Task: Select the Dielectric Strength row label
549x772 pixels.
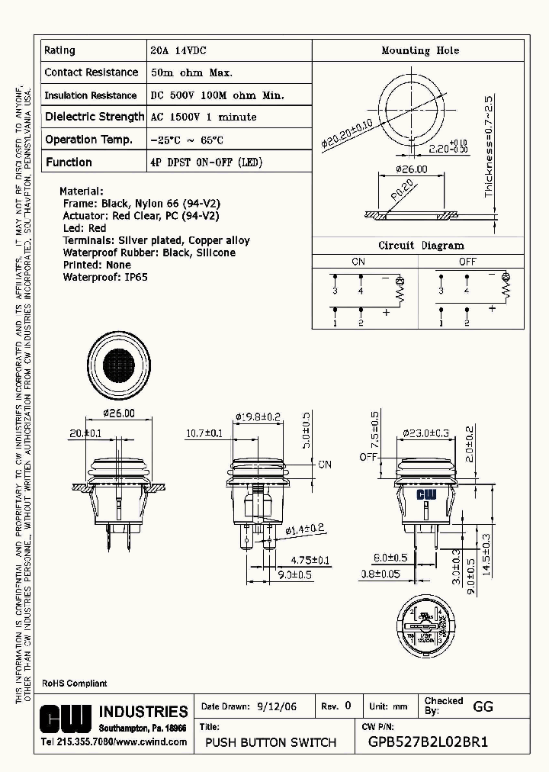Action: pyautogui.click(x=94, y=117)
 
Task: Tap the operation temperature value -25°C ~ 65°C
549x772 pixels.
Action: pyautogui.click(x=187, y=140)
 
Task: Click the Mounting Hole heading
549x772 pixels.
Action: pyautogui.click(x=420, y=50)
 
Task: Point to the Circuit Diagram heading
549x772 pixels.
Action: pyautogui.click(x=421, y=246)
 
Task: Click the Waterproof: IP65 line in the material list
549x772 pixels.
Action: pyautogui.click(x=95, y=277)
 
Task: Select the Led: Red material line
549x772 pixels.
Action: pyautogui.click(x=85, y=228)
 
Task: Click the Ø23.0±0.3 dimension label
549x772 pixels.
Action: pyautogui.click(x=426, y=433)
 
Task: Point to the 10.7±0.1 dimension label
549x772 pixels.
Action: pyautogui.click(x=204, y=433)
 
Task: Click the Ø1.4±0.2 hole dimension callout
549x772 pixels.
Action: pyautogui.click(x=305, y=529)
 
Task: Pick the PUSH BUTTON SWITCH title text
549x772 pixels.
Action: pyautogui.click(x=271, y=742)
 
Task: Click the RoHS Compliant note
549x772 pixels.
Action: pyautogui.click(x=74, y=684)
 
